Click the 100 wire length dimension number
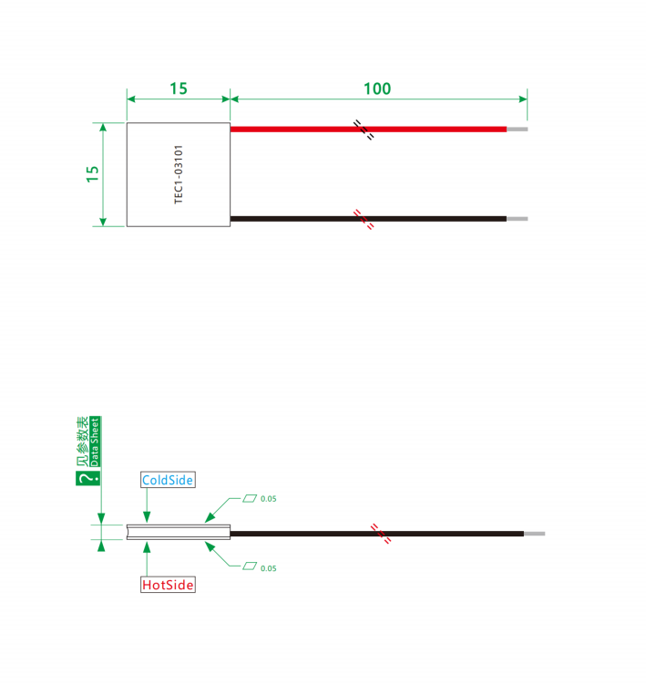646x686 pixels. coord(377,88)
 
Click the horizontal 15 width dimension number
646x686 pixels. coord(179,88)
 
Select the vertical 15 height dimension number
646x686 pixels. coord(92,174)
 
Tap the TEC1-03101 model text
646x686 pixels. coord(179,174)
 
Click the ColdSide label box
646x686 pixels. coord(168,480)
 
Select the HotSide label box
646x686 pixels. coord(168,585)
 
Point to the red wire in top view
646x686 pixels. coord(368,129)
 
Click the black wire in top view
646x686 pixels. coord(368,219)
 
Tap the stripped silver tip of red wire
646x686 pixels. coord(518,129)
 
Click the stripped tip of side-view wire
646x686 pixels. coord(535,534)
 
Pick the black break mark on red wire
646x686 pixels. coord(364,130)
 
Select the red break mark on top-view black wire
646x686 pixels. coord(364,219)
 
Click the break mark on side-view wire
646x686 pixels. coord(381,534)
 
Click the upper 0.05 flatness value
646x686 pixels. coord(269,499)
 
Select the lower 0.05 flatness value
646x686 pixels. coord(269,568)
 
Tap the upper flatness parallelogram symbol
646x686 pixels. coord(250,498)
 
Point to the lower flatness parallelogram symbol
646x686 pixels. coord(250,566)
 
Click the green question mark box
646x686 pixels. coord(88,478)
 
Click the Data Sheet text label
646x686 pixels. coord(95,442)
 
